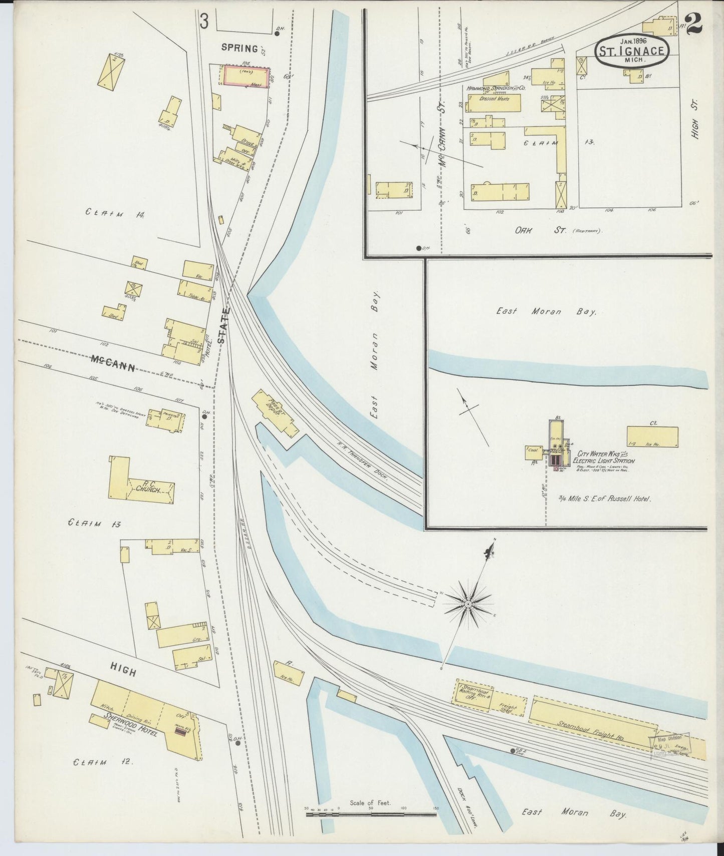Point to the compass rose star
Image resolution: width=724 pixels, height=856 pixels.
(467, 604)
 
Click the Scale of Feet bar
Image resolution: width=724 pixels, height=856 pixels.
(371, 814)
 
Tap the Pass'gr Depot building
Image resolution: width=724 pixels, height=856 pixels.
(274, 411)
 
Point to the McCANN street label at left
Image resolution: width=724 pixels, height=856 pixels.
(113, 362)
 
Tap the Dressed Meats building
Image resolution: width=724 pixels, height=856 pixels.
(494, 103)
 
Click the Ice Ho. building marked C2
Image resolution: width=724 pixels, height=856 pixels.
(652, 437)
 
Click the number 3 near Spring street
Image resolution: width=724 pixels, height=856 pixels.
(204, 22)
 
